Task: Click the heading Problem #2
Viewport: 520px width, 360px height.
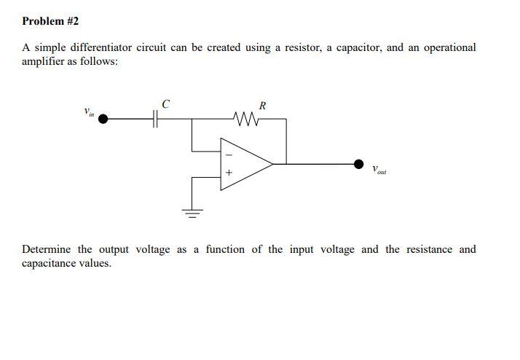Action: pos(50,21)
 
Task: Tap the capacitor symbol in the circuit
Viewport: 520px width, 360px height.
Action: pos(155,119)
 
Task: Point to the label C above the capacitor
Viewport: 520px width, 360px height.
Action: pos(165,104)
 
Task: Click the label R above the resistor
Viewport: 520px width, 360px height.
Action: pos(262,106)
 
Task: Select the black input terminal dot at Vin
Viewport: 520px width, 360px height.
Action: pos(104,119)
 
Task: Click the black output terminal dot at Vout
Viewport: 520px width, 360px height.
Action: pos(358,165)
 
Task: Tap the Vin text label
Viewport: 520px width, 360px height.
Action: pos(88,112)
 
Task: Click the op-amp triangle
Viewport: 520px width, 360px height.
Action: pos(244,165)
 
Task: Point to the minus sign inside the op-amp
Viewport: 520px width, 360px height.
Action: pos(228,154)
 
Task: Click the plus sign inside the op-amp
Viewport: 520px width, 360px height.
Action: pos(228,174)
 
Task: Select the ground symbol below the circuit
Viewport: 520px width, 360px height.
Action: pos(192,214)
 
